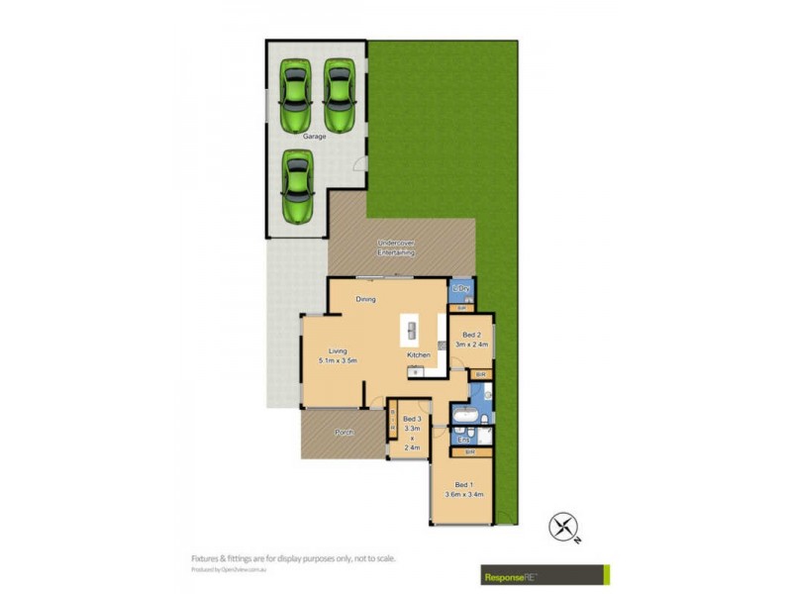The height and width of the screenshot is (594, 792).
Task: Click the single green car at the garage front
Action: coord(296,187)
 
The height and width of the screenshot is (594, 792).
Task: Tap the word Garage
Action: coord(314,137)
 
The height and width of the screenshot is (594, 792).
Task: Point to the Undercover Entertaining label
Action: coord(396,247)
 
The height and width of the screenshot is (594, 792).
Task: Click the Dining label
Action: coord(365,299)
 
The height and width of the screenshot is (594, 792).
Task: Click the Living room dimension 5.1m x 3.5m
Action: coord(338,361)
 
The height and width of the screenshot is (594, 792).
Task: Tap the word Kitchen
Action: coord(419,354)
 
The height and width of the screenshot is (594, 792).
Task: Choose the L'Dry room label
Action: coord(461,289)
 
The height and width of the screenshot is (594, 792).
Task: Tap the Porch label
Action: coord(344,433)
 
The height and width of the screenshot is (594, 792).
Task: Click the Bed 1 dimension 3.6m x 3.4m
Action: coord(464,493)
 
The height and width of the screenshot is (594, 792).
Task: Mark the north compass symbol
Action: coord(564,527)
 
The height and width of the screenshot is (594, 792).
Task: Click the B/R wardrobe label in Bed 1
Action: coord(470,452)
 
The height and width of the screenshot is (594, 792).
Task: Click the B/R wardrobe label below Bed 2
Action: coord(480,374)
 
